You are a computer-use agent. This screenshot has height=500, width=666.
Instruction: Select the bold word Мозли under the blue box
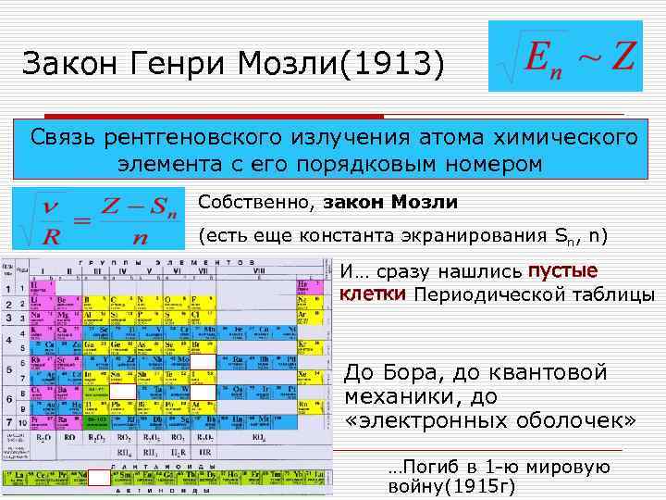[x=425, y=202]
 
